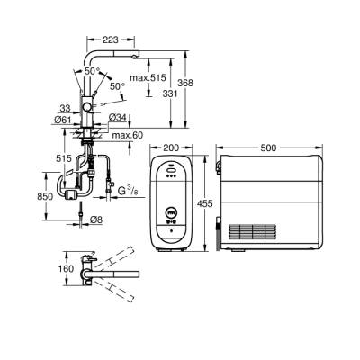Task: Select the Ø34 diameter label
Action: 117,117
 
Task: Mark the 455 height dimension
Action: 204,204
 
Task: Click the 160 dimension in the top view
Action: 65,267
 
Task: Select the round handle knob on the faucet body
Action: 87,105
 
